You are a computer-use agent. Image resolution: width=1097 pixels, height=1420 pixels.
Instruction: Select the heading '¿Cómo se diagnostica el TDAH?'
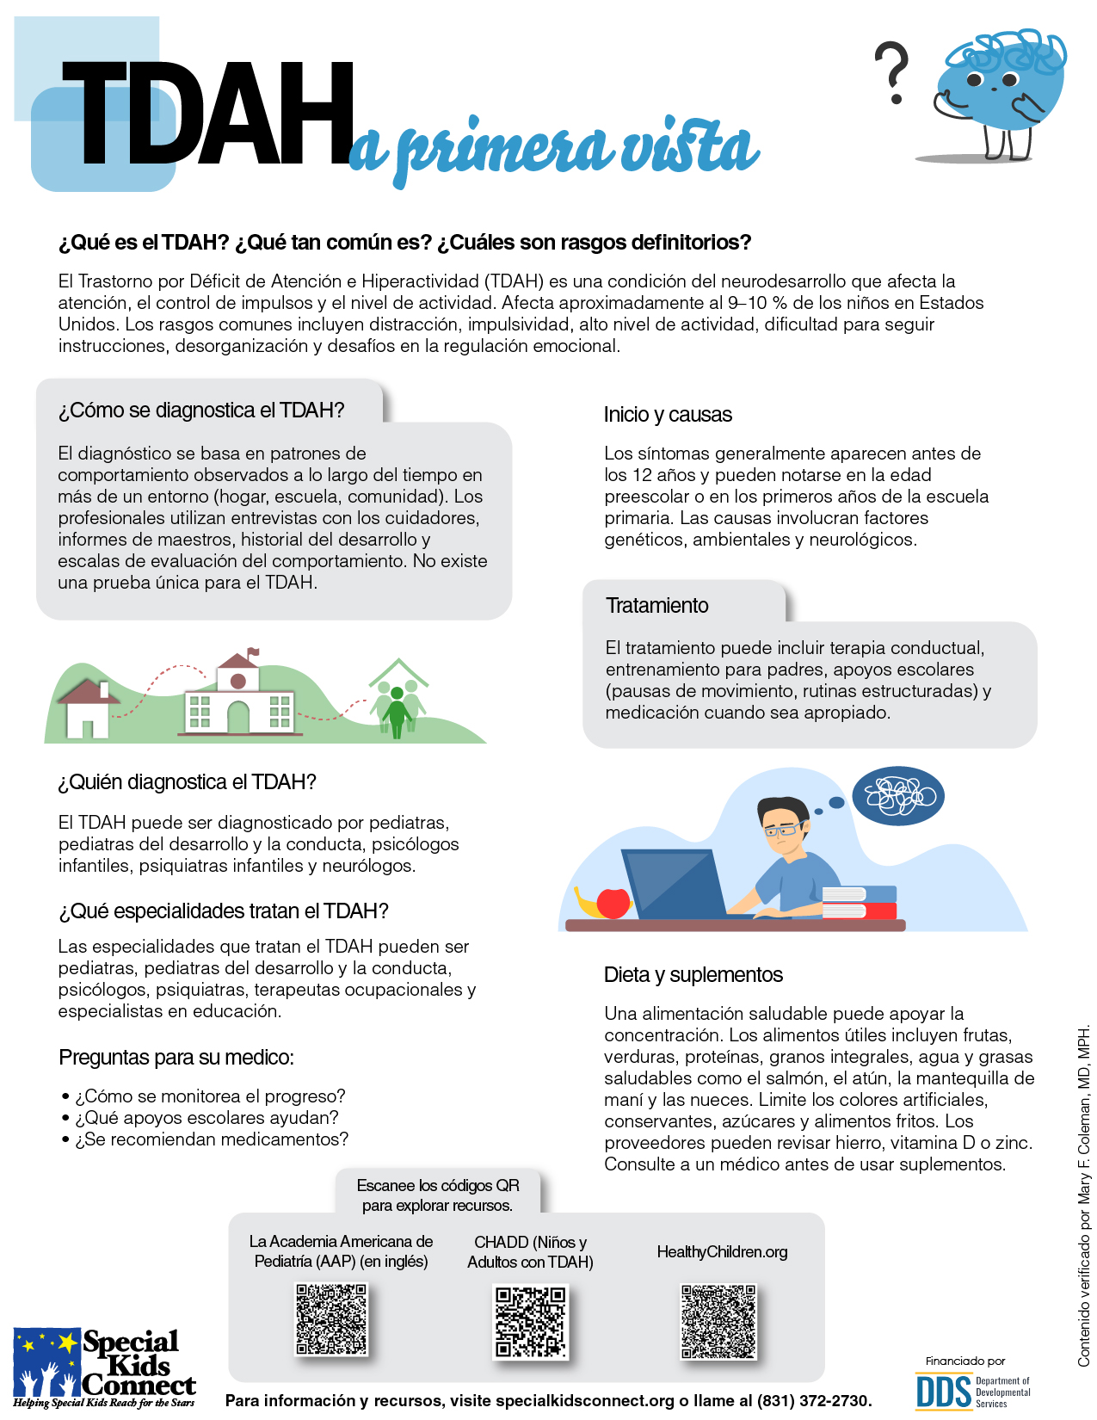pos(201,411)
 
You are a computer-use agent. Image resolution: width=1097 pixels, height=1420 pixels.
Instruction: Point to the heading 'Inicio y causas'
pos(668,415)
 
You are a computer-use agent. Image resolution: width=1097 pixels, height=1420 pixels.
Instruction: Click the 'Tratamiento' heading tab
pos(657,606)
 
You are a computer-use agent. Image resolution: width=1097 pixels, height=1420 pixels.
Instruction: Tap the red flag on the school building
pos(253,652)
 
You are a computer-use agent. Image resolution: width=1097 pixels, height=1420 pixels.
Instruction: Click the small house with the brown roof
pos(86,707)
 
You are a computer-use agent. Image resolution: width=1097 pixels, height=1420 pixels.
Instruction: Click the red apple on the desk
pos(613,902)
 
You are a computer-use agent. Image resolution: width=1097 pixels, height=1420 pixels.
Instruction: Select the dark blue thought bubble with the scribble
pos(898,796)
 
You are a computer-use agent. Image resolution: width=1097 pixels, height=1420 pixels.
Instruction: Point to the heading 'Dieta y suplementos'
pos(693,975)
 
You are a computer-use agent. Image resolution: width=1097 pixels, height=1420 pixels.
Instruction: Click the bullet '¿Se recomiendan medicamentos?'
pos(212,1139)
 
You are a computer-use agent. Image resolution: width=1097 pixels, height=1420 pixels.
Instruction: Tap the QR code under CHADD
pos(531,1322)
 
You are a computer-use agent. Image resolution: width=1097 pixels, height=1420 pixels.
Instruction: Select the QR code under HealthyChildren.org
pos(718,1322)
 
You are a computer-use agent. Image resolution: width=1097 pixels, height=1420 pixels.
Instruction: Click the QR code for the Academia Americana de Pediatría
pos(332,1320)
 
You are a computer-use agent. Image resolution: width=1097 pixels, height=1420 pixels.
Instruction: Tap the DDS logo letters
pos(943,1392)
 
